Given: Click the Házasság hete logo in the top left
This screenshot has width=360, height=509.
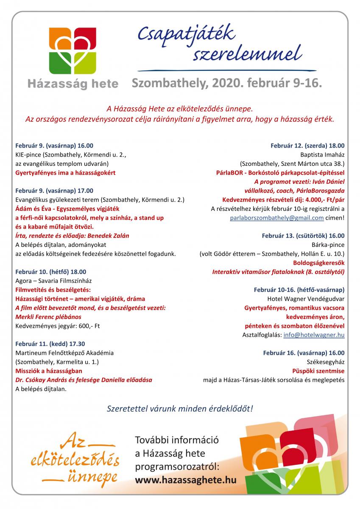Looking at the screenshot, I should (73, 57).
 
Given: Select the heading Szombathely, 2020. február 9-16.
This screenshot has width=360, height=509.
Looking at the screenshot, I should (227, 83).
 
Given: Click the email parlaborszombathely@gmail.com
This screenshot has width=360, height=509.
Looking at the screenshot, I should (276, 218).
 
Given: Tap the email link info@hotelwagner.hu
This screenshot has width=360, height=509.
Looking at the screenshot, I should (314, 335).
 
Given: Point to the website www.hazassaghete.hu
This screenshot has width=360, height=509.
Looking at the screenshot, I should (185, 480).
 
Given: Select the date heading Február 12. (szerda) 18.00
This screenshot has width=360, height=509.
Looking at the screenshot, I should (307, 146).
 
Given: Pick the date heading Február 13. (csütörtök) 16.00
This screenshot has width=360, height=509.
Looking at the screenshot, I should (303, 236).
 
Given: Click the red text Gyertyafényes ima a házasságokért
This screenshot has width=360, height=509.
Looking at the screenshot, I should (65, 173).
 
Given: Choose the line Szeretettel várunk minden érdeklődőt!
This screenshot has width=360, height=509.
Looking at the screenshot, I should (180, 409).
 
